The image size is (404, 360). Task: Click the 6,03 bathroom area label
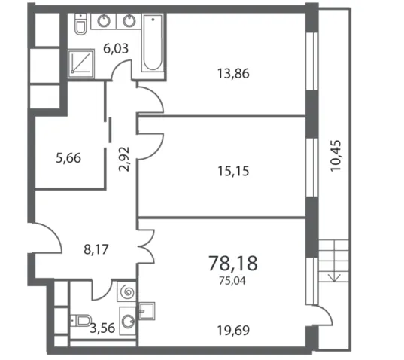click(x=116, y=48)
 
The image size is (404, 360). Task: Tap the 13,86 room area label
click(x=233, y=74)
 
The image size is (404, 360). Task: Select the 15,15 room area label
click(x=233, y=171)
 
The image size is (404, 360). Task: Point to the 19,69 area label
click(x=233, y=331)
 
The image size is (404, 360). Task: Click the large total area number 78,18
click(x=233, y=264)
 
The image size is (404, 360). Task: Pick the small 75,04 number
click(x=232, y=281)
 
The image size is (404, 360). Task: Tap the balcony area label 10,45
click(x=336, y=155)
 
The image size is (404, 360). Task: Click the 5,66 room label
click(x=68, y=158)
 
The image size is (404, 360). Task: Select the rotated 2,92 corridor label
click(x=124, y=159)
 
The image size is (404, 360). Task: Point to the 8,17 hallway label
click(x=96, y=249)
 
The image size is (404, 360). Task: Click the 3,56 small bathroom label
click(x=102, y=328)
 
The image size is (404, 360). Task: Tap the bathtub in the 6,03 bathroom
click(x=153, y=43)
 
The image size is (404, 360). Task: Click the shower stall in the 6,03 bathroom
click(x=81, y=63)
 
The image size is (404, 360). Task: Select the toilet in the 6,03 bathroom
click(x=80, y=24)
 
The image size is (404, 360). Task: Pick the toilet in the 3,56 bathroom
click(x=81, y=321)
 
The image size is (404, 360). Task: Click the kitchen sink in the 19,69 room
click(x=147, y=311)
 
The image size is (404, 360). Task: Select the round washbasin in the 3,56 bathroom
click(x=128, y=322)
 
